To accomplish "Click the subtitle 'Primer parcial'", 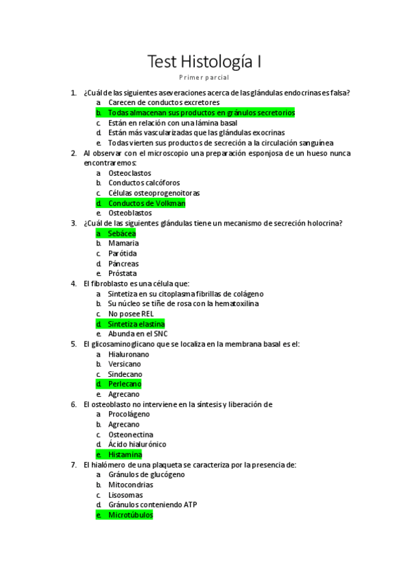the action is click(x=204, y=78).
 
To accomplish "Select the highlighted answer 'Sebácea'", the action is click(x=122, y=233).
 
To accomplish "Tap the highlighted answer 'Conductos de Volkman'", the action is click(x=146, y=203).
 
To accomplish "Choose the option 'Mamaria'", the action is click(x=123, y=243).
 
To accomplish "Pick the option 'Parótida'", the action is click(x=123, y=254).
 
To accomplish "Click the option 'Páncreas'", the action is click(x=123, y=264).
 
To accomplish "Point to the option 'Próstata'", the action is click(x=123, y=273).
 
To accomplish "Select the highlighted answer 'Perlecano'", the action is click(x=125, y=384).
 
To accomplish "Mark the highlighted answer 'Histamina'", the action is click(x=125, y=455).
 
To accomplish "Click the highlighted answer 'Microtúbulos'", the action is click(x=130, y=515).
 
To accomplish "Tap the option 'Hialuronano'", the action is click(x=129, y=354).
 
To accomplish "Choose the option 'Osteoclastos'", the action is click(x=130, y=173).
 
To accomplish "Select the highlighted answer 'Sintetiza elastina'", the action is click(x=136, y=324).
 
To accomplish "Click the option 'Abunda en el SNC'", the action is click(x=138, y=334).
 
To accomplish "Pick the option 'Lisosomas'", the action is click(x=125, y=495).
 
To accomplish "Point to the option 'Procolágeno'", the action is click(x=129, y=414).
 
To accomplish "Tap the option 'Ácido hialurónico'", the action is click(x=137, y=444).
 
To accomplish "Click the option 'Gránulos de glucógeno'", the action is click(x=146, y=475).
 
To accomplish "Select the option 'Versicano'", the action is click(x=125, y=364).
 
